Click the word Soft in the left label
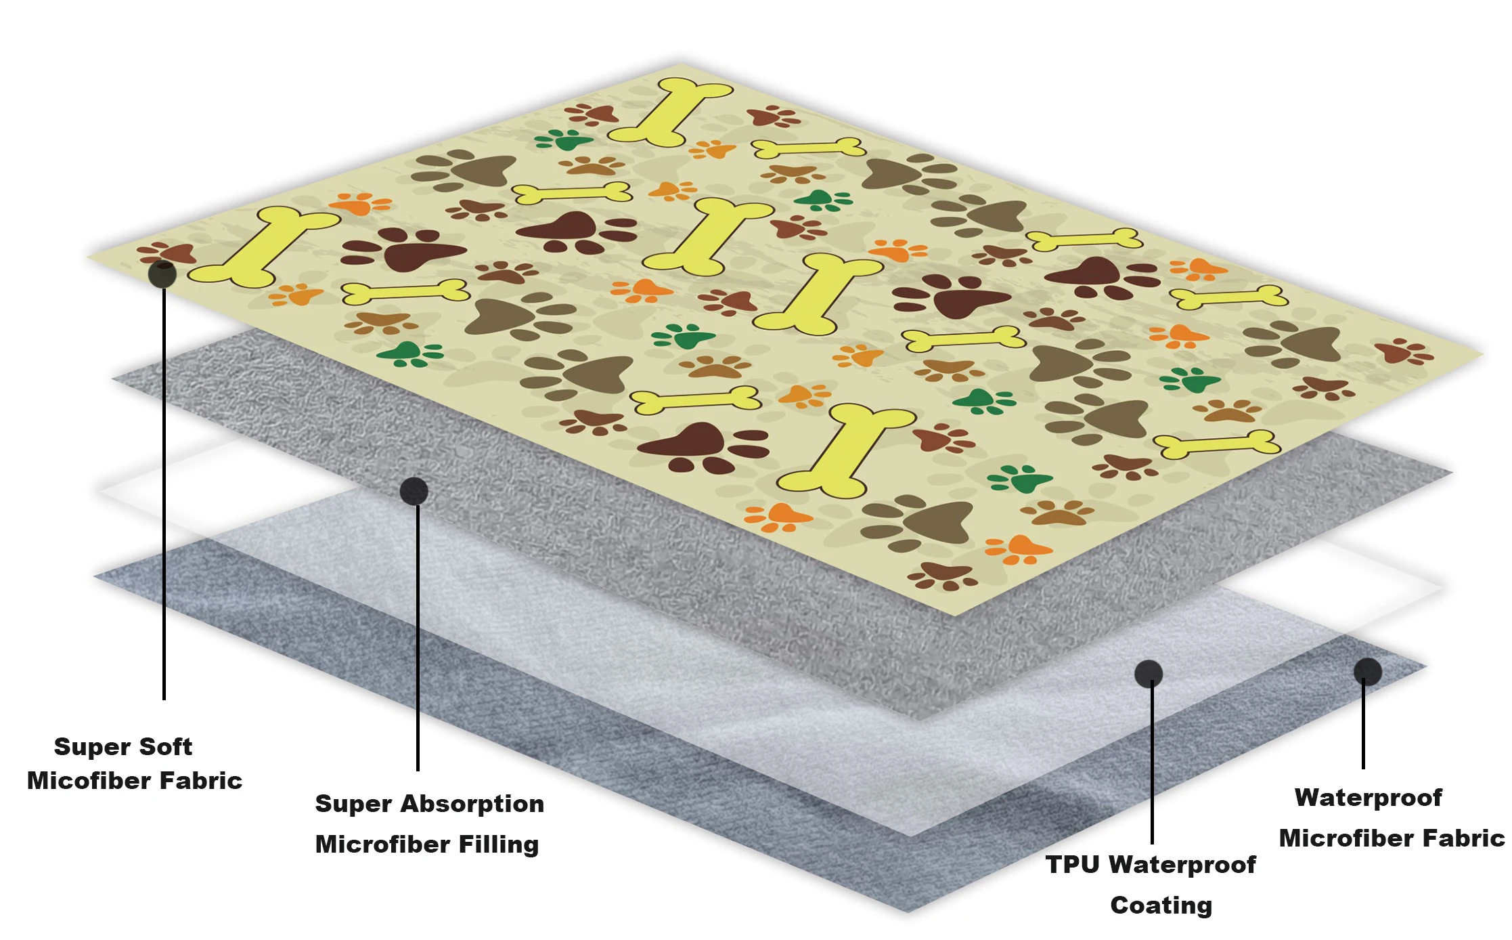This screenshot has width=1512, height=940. (165, 746)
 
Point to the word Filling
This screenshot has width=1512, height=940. (498, 844)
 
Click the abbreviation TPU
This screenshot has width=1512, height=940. (1072, 864)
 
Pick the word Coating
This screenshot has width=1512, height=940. (1161, 905)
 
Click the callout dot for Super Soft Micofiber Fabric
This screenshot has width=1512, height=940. (162, 274)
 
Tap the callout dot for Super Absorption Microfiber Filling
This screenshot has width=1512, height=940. (414, 491)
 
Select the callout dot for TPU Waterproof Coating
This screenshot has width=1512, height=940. (1149, 673)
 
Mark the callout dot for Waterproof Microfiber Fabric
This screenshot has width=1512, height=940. (1367, 671)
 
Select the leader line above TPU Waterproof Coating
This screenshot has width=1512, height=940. (1152, 765)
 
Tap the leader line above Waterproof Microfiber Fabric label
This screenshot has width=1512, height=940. (1363, 725)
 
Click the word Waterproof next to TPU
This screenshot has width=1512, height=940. (1182, 864)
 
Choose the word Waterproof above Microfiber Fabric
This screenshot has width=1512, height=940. (1368, 797)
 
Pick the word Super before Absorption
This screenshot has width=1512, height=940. (353, 803)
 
